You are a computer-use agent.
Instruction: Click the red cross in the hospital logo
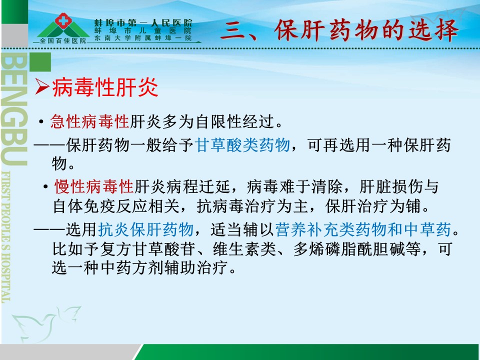pos(63,20)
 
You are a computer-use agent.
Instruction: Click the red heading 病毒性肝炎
pos(105,87)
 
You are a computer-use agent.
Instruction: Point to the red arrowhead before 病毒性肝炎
pos(42,86)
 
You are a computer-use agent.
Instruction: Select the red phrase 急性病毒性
pos(89,121)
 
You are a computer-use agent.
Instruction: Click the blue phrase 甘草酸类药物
pos(242,145)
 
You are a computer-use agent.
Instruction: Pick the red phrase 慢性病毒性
pos(94,186)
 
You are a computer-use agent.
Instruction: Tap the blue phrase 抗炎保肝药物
pos(145,229)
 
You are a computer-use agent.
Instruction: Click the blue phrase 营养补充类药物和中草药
pos(363,229)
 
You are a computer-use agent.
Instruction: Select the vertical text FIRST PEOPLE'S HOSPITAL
pos(6,237)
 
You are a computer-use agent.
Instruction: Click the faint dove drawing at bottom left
pos(46,323)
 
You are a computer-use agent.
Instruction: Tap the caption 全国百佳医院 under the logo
pos(63,40)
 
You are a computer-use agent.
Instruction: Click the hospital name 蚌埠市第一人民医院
pos(143,22)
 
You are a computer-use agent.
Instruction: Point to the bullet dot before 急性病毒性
pos(40,122)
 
